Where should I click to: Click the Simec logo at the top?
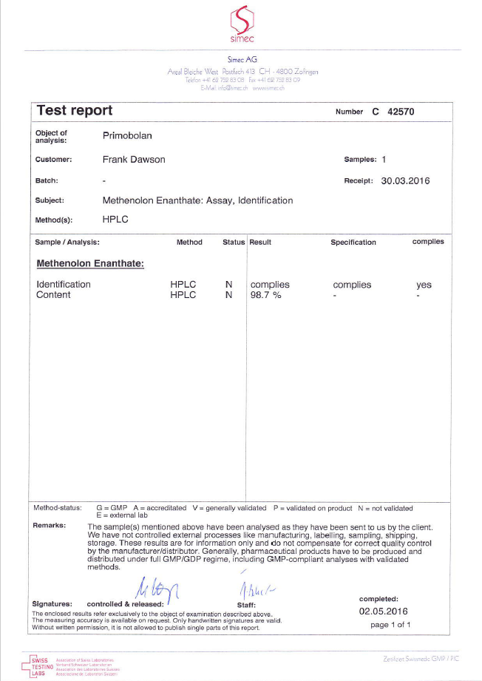point(241,24)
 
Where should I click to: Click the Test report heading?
point(75,111)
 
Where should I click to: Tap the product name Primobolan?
point(127,136)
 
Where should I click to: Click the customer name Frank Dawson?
point(134,160)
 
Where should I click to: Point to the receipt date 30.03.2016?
point(405,180)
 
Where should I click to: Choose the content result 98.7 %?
point(266,295)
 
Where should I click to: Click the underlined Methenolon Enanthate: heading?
point(89,263)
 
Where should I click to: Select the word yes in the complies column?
point(424,285)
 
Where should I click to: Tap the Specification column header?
point(353,243)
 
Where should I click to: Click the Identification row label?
point(64,285)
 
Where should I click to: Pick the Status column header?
point(234,243)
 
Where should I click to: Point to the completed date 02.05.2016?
point(384,611)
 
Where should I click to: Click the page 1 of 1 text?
point(390,625)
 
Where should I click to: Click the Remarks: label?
point(50,526)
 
